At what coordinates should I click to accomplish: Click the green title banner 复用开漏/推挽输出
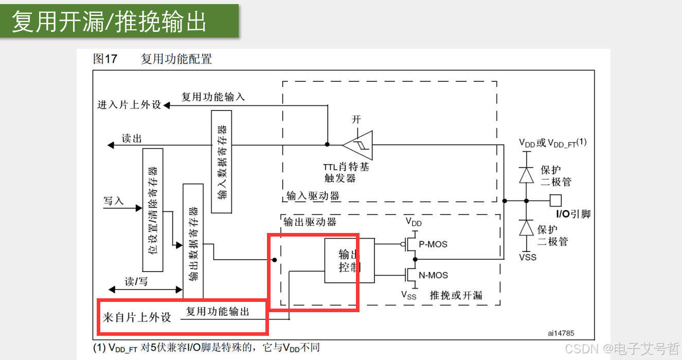point(119,21)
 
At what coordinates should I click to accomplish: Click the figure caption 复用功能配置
point(176,59)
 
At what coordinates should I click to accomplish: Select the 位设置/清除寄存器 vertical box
point(153,210)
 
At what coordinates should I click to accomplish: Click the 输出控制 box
point(349,260)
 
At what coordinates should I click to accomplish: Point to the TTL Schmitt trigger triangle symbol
point(358,145)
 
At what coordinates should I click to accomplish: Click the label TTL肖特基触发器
point(346,173)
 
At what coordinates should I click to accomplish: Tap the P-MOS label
point(433,244)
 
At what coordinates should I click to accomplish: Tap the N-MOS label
point(433,275)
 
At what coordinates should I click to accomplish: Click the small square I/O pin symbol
point(555,201)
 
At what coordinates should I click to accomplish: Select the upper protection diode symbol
point(526,175)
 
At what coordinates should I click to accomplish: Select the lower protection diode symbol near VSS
point(526,228)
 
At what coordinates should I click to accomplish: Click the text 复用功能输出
point(218,312)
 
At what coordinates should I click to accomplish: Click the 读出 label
point(132,139)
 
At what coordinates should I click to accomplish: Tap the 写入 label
point(114,201)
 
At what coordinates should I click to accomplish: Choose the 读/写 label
point(136,282)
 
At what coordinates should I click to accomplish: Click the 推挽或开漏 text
point(456,295)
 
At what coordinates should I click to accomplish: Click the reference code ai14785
point(561,333)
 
